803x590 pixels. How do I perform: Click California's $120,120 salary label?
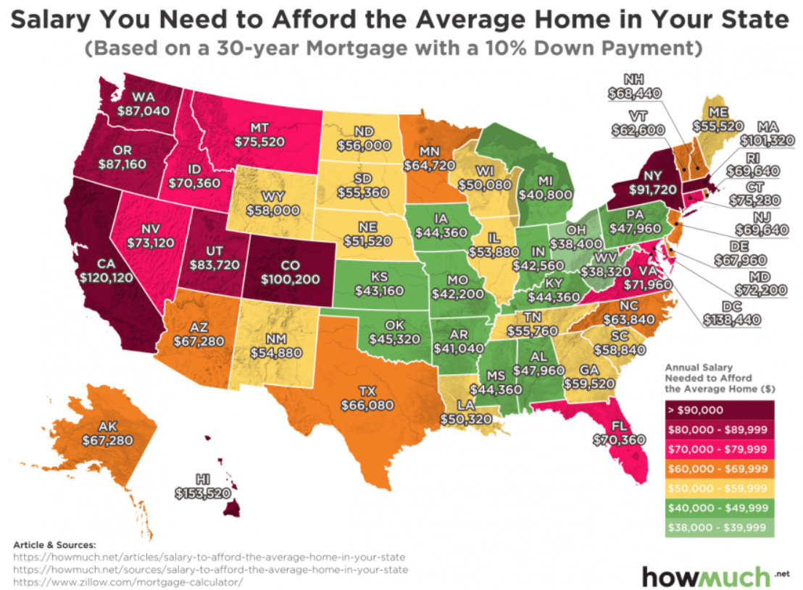pos(107,277)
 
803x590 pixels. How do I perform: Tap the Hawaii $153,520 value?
pos(203,493)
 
